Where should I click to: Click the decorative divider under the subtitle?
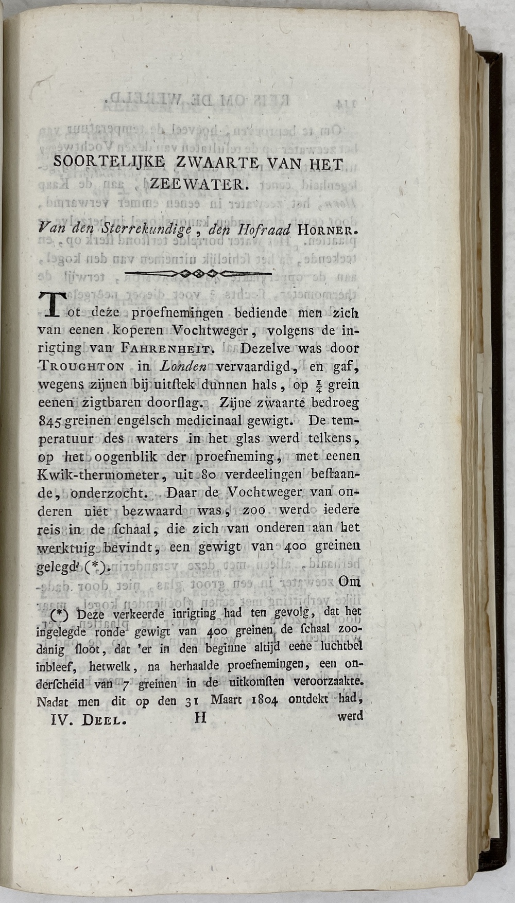point(198,273)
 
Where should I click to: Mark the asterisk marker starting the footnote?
point(62,614)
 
